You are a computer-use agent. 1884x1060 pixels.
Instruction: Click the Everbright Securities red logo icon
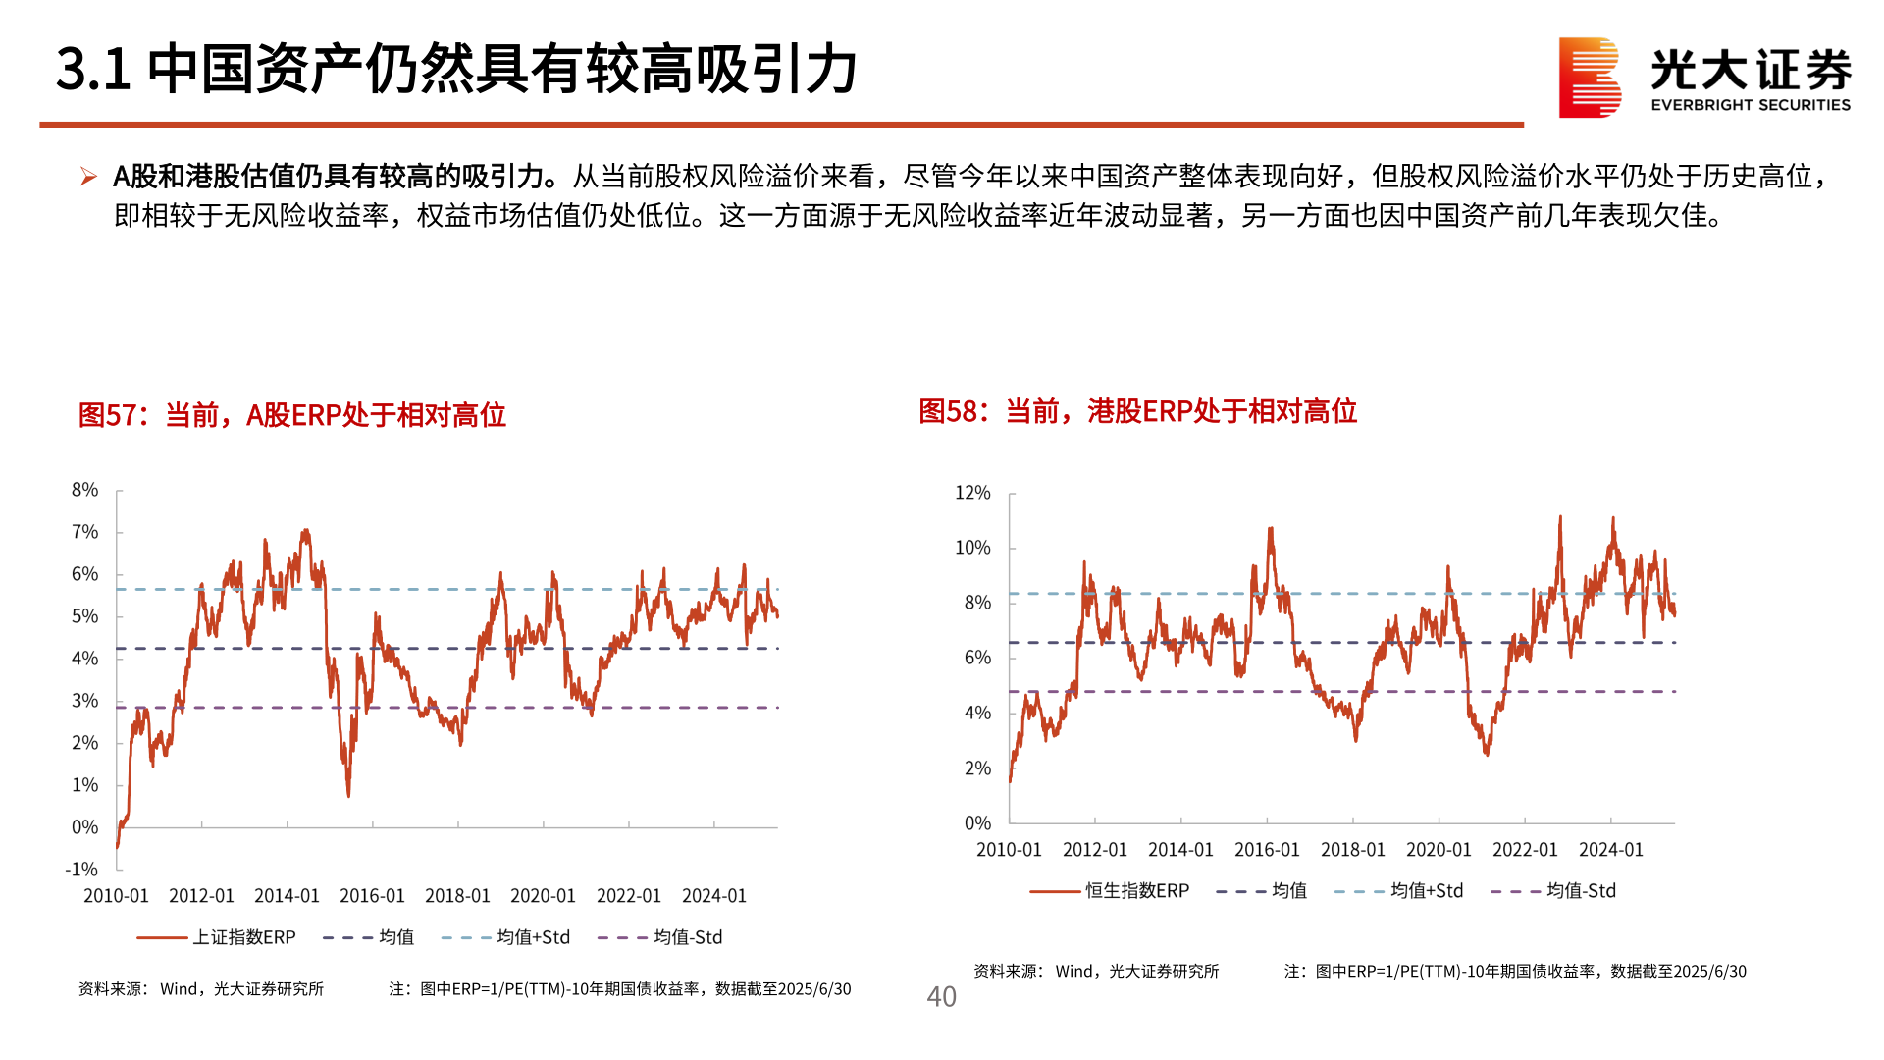click(1589, 78)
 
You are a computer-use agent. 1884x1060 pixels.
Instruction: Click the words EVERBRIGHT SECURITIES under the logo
click(1751, 105)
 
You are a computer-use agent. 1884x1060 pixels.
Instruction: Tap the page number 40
click(941, 997)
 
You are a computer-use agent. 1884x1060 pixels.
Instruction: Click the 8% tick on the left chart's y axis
click(85, 490)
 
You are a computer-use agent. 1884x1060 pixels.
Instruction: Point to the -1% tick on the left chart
click(82, 870)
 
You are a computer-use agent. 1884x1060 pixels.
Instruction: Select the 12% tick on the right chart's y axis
click(972, 493)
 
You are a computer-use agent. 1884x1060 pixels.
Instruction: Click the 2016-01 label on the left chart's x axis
click(372, 896)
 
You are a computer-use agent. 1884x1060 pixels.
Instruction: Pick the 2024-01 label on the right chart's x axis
click(1610, 850)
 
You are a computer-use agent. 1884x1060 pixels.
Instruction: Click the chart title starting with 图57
click(291, 415)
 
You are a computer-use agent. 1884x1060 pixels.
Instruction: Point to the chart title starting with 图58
click(1137, 411)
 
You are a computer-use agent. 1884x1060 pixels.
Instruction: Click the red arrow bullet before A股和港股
click(88, 177)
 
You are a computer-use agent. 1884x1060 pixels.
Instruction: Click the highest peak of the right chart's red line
click(1560, 517)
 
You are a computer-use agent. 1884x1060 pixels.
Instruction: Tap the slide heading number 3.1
click(93, 70)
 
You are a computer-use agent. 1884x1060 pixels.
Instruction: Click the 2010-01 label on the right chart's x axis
click(1009, 850)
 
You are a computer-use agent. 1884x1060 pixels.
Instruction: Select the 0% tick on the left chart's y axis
click(85, 827)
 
